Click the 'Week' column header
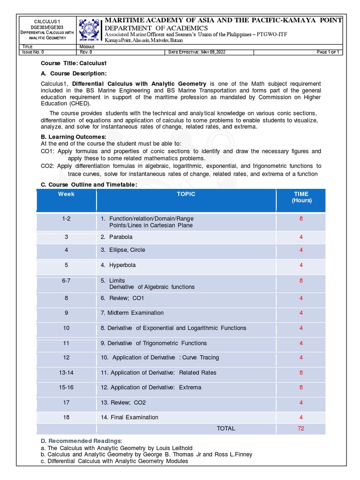[x=66, y=194]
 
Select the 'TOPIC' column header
[x=186, y=194]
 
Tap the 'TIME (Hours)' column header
[x=301, y=197]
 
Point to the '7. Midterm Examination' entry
[x=132, y=313]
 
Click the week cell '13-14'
[x=66, y=373]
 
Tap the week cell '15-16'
[x=66, y=388]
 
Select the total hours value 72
[x=301, y=428]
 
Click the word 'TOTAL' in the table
[x=225, y=428]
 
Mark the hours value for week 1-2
[x=301, y=219]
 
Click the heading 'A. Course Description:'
[x=74, y=74]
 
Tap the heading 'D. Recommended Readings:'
[x=81, y=441]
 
